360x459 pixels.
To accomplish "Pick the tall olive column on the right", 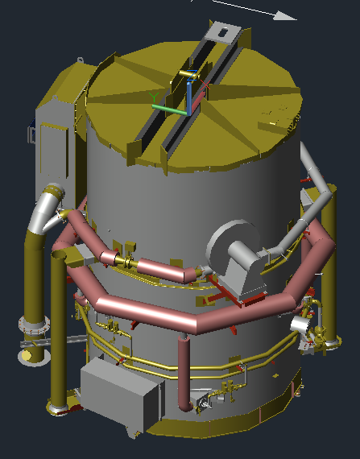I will (x=328, y=274).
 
